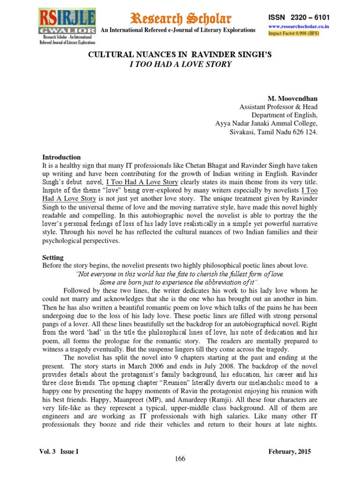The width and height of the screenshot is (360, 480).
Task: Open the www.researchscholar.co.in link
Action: [x=298, y=27]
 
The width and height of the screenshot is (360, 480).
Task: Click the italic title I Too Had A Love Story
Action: [x=180, y=64]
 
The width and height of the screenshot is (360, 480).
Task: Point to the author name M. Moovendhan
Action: [x=293, y=99]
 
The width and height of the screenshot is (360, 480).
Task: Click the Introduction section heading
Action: [x=61, y=157]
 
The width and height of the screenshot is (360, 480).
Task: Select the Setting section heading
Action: [x=53, y=258]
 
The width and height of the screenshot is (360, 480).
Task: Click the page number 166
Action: [x=180, y=458]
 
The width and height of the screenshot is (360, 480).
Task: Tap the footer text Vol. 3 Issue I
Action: [x=59, y=451]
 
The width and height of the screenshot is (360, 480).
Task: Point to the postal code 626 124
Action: [x=303, y=133]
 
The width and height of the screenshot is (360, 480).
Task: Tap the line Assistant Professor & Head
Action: [x=278, y=107]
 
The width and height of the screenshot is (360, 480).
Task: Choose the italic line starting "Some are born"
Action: [x=180, y=282]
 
